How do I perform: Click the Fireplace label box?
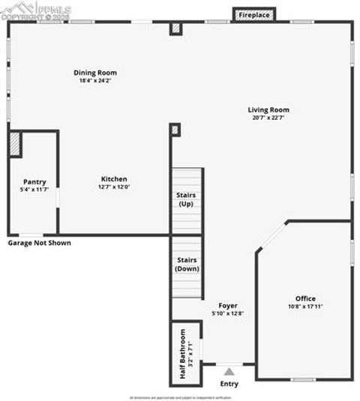254,15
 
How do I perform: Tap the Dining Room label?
95,73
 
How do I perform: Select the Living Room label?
268,110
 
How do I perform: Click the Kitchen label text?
114,179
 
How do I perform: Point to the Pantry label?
34,182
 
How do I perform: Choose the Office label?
305,298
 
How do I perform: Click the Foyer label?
228,306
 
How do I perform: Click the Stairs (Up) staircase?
187,201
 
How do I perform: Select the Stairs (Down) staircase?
187,266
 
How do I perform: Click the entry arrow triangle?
229,371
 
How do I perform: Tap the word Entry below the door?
229,384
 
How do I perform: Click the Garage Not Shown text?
39,243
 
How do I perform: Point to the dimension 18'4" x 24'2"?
95,81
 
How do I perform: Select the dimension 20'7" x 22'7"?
268,118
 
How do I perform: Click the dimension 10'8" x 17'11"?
305,307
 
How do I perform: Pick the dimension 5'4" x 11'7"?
34,190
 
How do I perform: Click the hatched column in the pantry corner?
15,145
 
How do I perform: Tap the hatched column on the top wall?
176,28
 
